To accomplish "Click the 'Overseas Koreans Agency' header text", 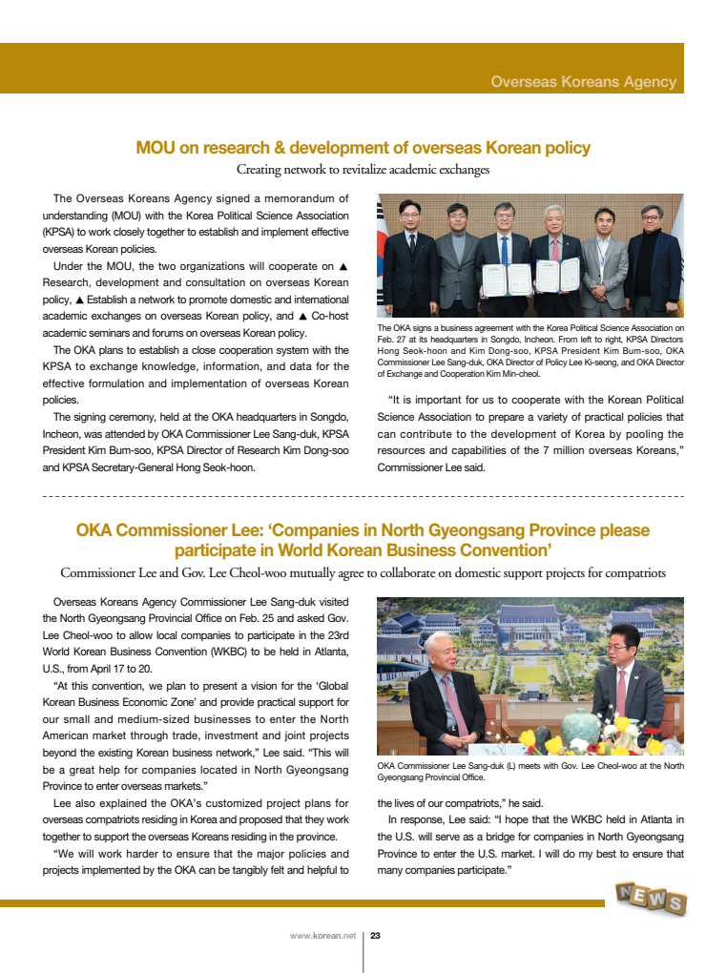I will coord(583,82).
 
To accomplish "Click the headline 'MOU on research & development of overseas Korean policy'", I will coord(363,148).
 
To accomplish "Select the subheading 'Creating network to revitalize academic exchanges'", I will coord(363,170).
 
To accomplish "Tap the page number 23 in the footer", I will coord(375,936).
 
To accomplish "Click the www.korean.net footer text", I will coord(322,936).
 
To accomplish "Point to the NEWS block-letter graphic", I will coord(651,898).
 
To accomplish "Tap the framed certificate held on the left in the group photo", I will coord(493,278).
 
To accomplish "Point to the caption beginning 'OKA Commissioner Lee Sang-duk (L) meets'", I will coord(530,771).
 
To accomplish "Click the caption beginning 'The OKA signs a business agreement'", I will coord(530,351).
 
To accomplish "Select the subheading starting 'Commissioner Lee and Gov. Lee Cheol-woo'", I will coord(363,573).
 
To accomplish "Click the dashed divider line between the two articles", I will coord(363,497).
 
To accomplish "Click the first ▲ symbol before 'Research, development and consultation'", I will coord(343,266).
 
